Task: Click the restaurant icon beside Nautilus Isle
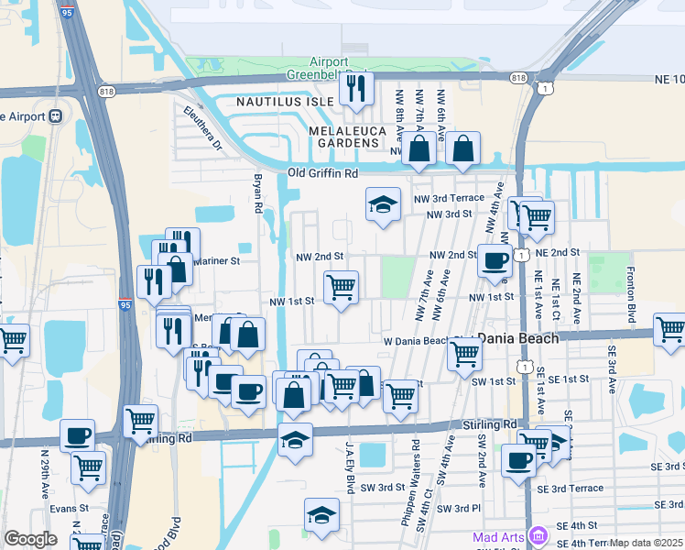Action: [x=354, y=88]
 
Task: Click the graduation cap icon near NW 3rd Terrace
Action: [x=383, y=205]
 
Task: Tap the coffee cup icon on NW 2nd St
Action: [x=495, y=259]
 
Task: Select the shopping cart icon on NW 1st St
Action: [x=341, y=286]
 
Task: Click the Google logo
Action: [x=30, y=539]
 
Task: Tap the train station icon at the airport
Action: [x=56, y=115]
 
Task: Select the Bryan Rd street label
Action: [x=258, y=192]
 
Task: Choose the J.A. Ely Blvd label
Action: [x=349, y=467]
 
